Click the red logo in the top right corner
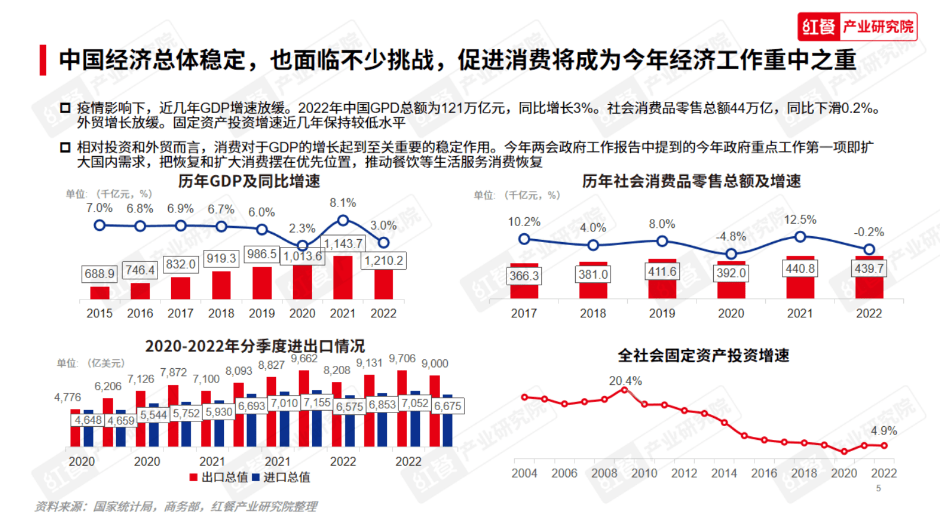(856, 27)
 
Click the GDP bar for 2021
(343, 277)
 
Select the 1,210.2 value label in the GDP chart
(384, 260)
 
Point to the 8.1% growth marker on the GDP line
(343, 220)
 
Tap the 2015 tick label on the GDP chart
(100, 313)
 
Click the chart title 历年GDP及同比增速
(249, 181)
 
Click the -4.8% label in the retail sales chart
(731, 237)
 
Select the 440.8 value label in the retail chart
(800, 269)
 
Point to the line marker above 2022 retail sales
(869, 249)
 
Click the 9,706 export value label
(402, 359)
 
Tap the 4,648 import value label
(88, 420)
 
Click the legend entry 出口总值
(219, 477)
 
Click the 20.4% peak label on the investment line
(625, 381)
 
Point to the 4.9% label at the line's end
(884, 431)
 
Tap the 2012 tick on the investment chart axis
(684, 473)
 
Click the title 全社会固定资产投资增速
(703, 355)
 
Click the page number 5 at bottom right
(878, 488)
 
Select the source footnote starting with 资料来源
(176, 507)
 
